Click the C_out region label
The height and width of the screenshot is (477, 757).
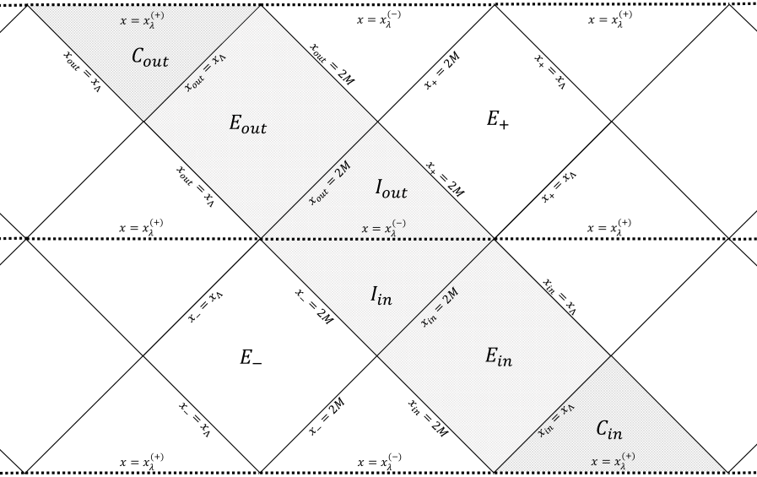pos(150,59)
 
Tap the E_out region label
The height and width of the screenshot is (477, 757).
pos(248,125)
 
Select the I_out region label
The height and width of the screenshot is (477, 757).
pos(391,190)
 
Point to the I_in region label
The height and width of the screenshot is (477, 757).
pos(381,295)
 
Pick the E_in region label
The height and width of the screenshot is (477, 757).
pos(498,357)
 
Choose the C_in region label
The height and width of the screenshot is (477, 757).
pos(608,431)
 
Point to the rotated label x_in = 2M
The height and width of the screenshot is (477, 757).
pos(441,306)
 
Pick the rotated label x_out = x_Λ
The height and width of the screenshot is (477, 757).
pos(206,73)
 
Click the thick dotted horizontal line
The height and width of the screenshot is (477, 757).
pos(378,239)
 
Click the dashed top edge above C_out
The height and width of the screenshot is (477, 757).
pos(144,6)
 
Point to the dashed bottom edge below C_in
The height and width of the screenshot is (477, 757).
pos(609,470)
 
